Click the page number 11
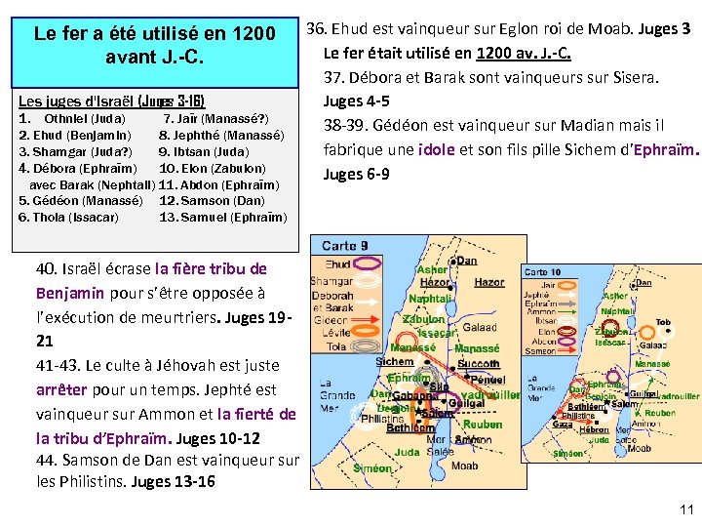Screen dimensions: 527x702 coord(686,508)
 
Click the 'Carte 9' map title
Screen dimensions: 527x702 coord(345,246)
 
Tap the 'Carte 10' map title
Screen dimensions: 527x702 coord(542,272)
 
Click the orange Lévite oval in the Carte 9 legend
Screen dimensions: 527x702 coord(370,333)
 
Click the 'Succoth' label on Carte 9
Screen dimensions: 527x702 coord(477,363)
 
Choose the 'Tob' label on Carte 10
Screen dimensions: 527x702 coord(663,321)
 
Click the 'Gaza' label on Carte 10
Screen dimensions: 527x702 coord(562,425)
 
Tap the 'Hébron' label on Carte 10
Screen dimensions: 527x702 coord(593,429)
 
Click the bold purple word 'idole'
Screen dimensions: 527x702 coord(435,149)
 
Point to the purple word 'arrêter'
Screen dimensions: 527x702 coord(60,388)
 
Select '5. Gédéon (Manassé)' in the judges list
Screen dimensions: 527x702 coord(81,200)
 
